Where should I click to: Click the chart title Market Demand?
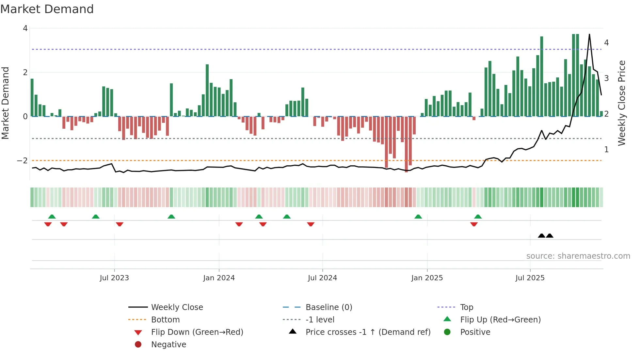(x=47, y=9)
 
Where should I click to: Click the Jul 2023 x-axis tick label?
(x=114, y=278)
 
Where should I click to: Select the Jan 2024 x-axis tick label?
(x=219, y=278)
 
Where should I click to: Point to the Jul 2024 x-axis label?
(x=322, y=278)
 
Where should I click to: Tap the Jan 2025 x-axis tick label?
(x=427, y=278)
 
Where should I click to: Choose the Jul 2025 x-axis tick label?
(x=530, y=278)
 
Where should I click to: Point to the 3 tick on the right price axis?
(x=606, y=78)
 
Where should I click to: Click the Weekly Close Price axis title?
(x=622, y=103)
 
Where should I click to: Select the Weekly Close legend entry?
(x=177, y=307)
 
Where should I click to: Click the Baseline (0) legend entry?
(x=328, y=307)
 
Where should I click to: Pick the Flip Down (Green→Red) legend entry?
(x=197, y=332)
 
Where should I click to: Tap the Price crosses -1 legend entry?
(x=368, y=332)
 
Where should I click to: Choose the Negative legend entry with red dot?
(x=168, y=345)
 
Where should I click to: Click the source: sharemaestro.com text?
(x=578, y=256)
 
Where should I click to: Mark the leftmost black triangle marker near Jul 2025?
(x=541, y=236)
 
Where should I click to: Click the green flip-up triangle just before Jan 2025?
(x=418, y=217)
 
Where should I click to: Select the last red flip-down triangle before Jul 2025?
(x=474, y=224)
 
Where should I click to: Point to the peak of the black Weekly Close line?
(x=589, y=34)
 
